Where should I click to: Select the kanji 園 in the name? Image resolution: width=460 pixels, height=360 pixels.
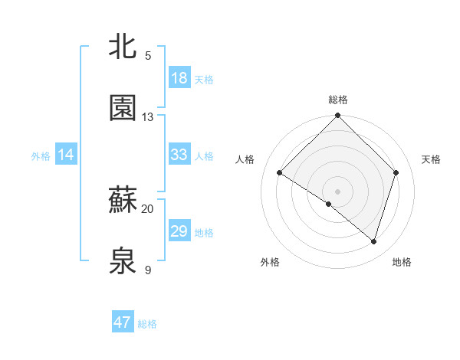click(x=124, y=109)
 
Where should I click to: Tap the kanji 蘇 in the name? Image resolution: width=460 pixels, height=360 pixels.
click(x=124, y=201)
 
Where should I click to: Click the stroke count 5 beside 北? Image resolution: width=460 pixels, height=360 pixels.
click(x=148, y=56)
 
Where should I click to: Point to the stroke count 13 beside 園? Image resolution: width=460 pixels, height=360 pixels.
click(x=148, y=117)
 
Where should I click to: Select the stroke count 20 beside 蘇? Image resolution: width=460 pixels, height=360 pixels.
click(x=148, y=208)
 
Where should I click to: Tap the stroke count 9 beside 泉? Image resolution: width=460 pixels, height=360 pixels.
click(x=148, y=270)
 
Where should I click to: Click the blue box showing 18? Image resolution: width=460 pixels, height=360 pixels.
click(x=179, y=78)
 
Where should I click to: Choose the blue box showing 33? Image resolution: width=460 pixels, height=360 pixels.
click(x=179, y=155)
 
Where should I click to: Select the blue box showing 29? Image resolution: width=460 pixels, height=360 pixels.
click(x=179, y=231)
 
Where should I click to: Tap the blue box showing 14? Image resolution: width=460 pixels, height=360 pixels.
click(x=66, y=155)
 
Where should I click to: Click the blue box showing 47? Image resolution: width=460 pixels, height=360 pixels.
click(x=123, y=322)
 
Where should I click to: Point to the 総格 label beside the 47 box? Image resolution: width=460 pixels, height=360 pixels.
click(x=147, y=324)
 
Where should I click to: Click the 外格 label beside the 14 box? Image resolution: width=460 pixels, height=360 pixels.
click(x=41, y=155)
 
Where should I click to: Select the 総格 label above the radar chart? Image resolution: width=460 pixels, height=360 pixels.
click(x=337, y=100)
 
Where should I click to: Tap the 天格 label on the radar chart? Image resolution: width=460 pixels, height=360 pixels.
click(x=432, y=159)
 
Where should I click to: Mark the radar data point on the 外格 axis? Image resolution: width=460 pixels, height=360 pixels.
click(x=329, y=204)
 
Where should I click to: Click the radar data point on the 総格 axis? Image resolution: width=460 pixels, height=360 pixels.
click(x=337, y=116)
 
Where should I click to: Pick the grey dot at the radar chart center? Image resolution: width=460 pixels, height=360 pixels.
click(x=337, y=191)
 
